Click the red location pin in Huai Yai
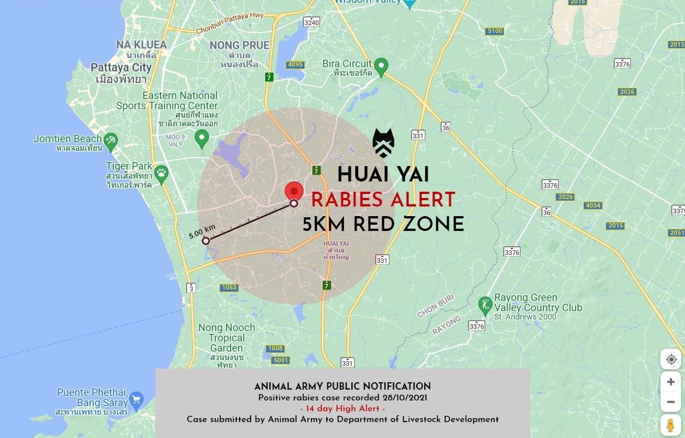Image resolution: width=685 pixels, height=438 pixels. click(294, 192)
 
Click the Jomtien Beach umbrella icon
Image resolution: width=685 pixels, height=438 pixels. click(110, 139)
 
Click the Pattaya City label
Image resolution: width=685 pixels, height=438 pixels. click(121, 67)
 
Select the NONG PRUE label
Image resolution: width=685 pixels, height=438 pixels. click(239, 45)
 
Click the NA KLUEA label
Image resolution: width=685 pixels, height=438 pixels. click(141, 44)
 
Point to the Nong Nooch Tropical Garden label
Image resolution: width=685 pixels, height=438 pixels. click(227, 337)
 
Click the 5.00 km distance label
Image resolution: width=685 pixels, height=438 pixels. click(202, 232)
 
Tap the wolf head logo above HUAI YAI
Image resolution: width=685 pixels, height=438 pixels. click(383, 143)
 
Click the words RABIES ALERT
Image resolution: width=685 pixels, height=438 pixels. click(383, 200)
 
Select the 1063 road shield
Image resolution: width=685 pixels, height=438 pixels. click(229, 287)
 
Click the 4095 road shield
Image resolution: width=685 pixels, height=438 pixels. click(295, 64)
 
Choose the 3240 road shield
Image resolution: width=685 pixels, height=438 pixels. click(311, 22)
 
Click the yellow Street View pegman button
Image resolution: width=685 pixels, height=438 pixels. click(671, 425)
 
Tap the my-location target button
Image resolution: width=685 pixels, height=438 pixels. click(671, 360)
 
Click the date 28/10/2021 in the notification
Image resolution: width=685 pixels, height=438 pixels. click(402, 398)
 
